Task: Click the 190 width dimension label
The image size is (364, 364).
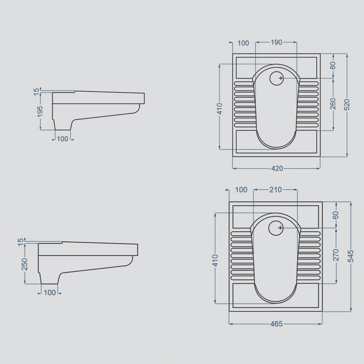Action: (x=276, y=42)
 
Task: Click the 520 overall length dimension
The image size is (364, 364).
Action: (x=347, y=105)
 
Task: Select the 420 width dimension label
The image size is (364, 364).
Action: (x=277, y=168)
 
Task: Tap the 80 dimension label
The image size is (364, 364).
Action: (x=333, y=66)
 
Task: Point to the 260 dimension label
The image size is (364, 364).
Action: (x=333, y=104)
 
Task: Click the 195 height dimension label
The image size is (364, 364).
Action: (x=40, y=111)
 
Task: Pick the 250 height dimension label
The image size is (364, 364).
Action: (x=25, y=264)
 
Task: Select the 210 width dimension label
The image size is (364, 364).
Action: (x=276, y=190)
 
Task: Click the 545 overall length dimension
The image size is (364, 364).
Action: (x=350, y=256)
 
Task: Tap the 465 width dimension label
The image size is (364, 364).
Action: (x=277, y=324)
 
